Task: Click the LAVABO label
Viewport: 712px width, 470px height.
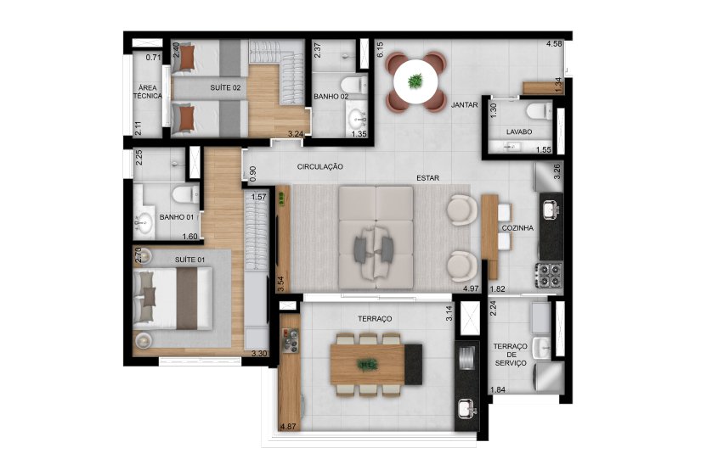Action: click(x=519, y=132)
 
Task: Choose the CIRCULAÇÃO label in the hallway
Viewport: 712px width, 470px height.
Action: click(x=319, y=167)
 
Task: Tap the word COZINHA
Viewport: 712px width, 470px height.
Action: click(x=517, y=228)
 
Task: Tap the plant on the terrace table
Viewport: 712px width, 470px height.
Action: click(x=368, y=365)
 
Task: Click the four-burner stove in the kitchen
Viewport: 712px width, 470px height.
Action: click(x=545, y=274)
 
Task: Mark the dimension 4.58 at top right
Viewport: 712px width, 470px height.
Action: click(x=554, y=42)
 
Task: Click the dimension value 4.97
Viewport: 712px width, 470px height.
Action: click(x=471, y=289)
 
